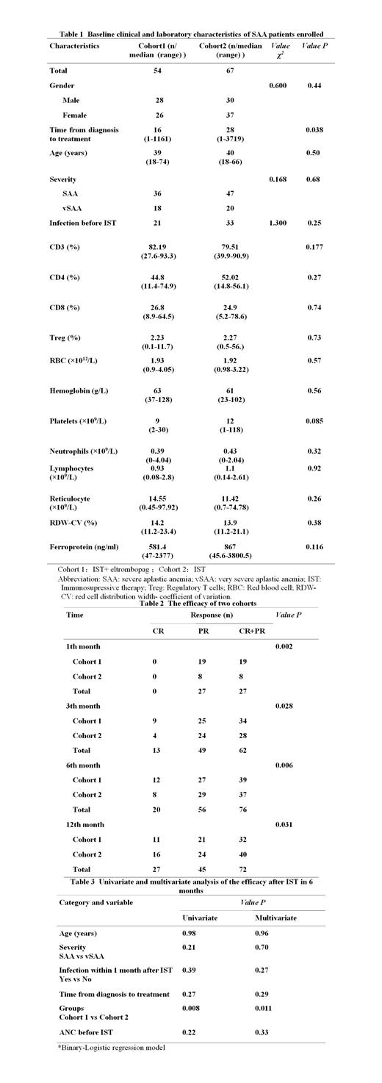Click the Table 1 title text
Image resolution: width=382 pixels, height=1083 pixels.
coord(190,34)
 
